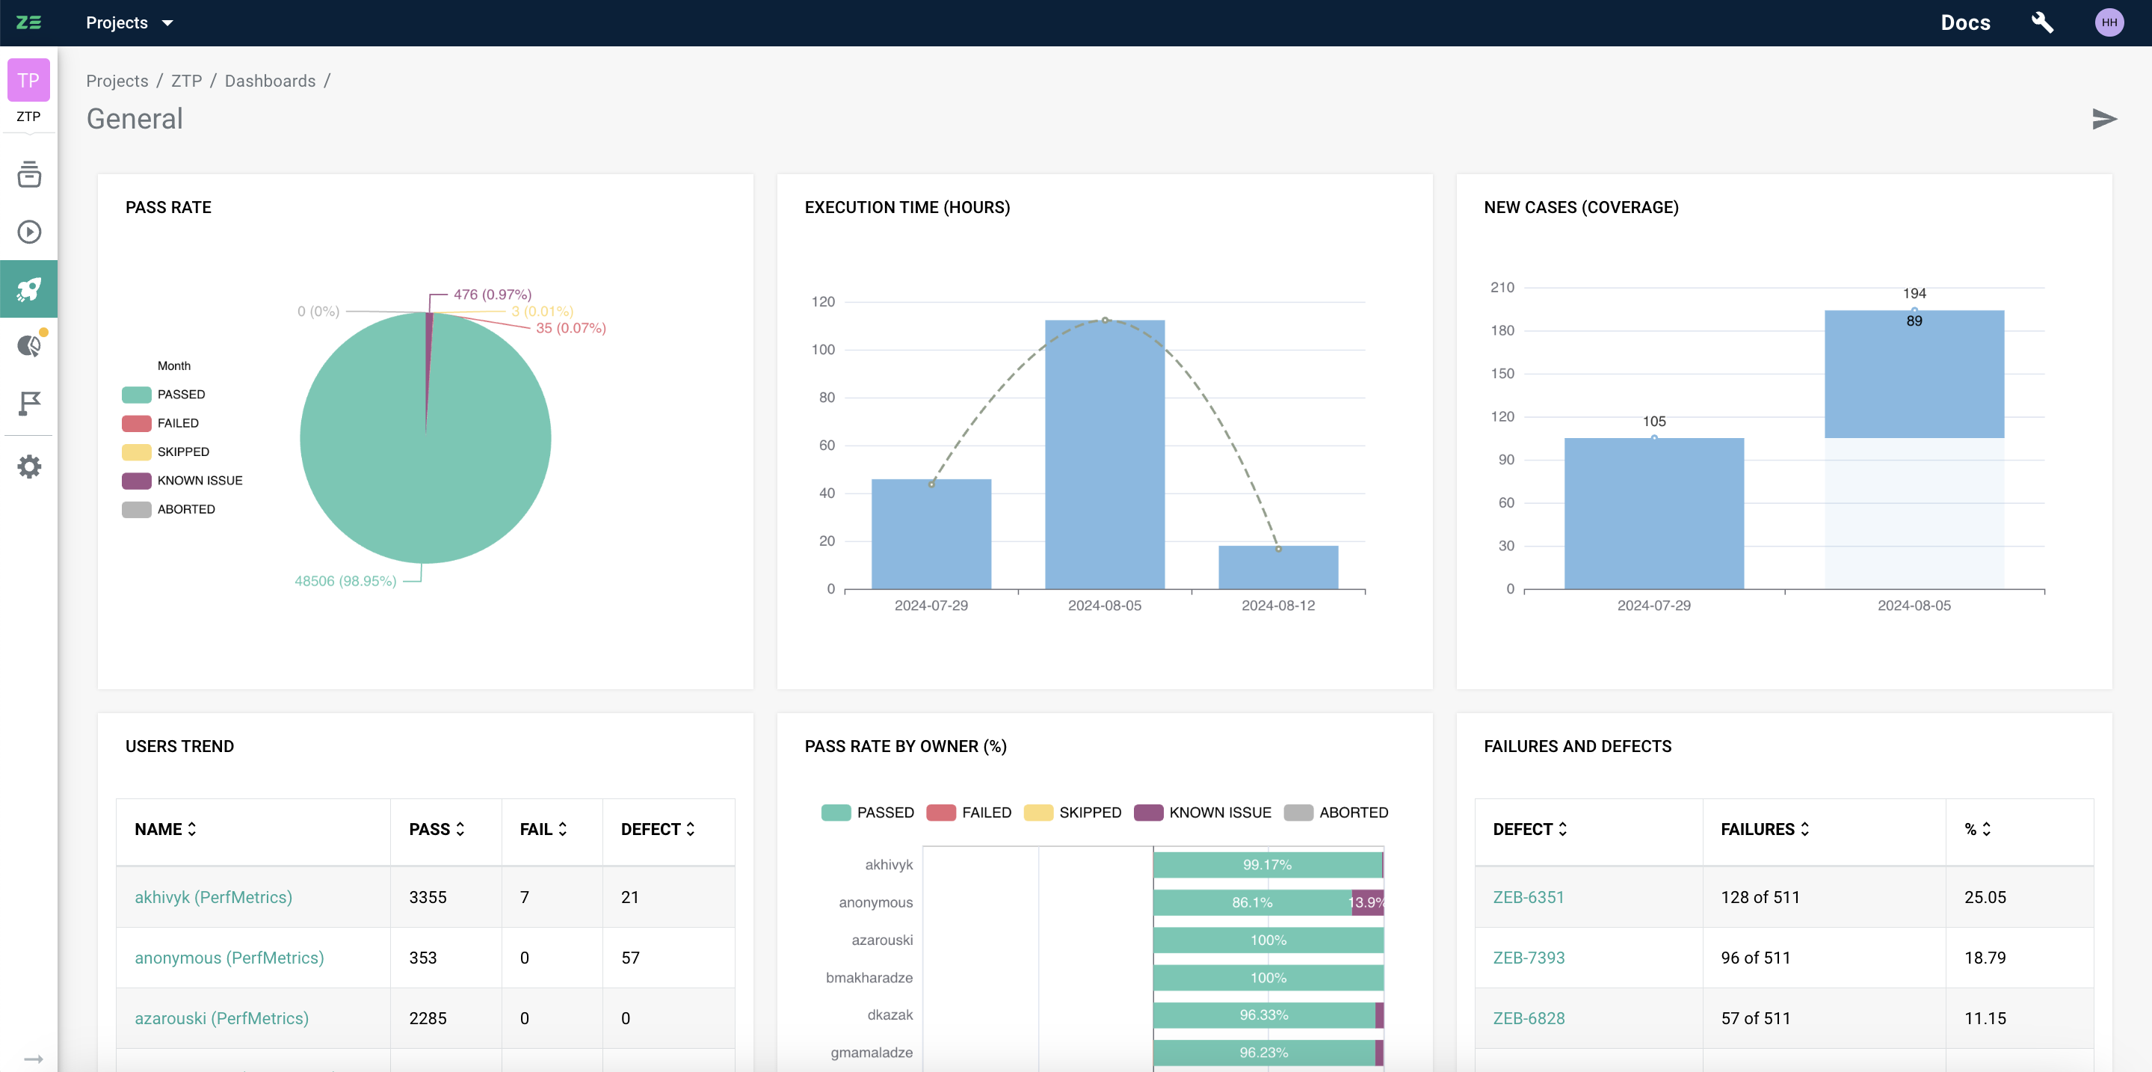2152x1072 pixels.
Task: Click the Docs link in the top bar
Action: (1965, 22)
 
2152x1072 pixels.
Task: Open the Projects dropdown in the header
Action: (129, 22)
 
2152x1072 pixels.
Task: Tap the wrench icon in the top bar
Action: (2041, 22)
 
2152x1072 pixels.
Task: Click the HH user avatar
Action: (2109, 22)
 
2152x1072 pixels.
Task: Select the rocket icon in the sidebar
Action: (28, 289)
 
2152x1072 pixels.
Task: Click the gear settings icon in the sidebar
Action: (28, 466)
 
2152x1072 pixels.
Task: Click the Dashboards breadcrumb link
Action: (270, 81)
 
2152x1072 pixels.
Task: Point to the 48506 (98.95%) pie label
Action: (345, 581)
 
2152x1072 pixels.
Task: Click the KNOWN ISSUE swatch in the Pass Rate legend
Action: (136, 481)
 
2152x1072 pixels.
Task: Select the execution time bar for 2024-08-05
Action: (1104, 455)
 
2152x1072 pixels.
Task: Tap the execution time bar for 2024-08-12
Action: (1277, 567)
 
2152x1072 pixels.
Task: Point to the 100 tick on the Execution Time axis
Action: (823, 349)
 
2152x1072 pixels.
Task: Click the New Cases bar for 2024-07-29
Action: (1653, 513)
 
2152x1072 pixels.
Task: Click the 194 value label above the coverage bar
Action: (1914, 293)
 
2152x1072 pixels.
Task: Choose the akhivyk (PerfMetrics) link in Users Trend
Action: (213, 896)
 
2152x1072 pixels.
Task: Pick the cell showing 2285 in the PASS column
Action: (428, 1017)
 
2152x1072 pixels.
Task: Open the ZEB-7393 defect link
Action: (1528, 958)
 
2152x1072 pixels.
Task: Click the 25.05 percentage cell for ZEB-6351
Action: (1985, 896)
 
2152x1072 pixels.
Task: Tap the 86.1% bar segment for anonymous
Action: (1251, 902)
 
